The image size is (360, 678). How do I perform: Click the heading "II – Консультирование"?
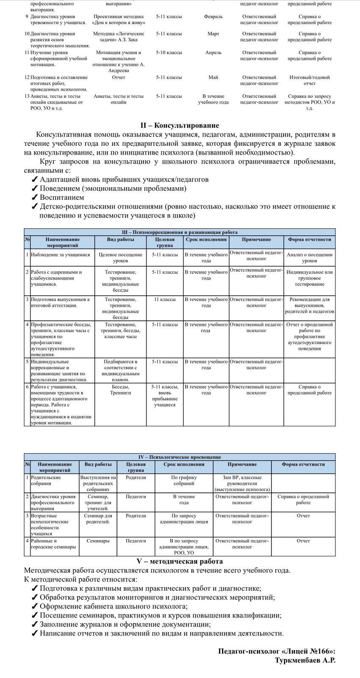pos(180,125)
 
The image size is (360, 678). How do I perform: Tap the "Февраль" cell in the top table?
pos(213,17)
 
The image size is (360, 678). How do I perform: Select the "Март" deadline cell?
pos(213,34)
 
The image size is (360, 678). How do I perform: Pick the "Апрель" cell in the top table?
pos(213,53)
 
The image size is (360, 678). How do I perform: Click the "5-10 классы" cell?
pos(169,53)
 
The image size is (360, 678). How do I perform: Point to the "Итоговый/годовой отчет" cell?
pos(310,81)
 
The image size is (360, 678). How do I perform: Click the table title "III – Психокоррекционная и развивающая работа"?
pos(180,232)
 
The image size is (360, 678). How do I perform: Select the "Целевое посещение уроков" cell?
pos(120,258)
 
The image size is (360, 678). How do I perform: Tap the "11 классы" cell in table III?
pos(165,300)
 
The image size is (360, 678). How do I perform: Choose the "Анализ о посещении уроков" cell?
pos(310,258)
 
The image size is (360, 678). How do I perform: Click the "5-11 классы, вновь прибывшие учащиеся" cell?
pos(165,396)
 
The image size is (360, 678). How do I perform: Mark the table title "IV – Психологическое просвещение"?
pos(180,457)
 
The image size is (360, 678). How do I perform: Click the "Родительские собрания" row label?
pos(46,481)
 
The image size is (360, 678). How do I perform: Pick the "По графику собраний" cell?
pos(184,481)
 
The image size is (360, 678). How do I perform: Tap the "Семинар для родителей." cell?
pos(98,519)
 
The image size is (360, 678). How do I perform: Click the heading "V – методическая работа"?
pos(180,561)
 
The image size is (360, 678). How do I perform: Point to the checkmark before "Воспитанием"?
pos(35,197)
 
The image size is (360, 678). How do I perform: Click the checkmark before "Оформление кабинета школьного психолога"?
pos(35,606)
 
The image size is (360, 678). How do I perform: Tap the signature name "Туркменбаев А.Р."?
pos(305,660)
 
